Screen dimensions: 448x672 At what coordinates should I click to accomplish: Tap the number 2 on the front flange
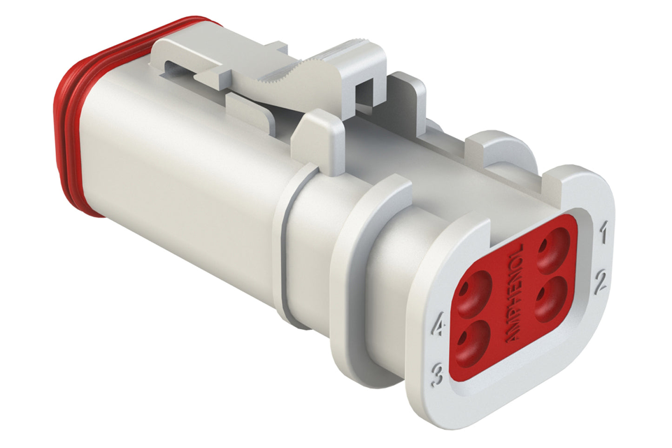(601, 281)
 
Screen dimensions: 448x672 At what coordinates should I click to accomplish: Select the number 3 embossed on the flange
(437, 375)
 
